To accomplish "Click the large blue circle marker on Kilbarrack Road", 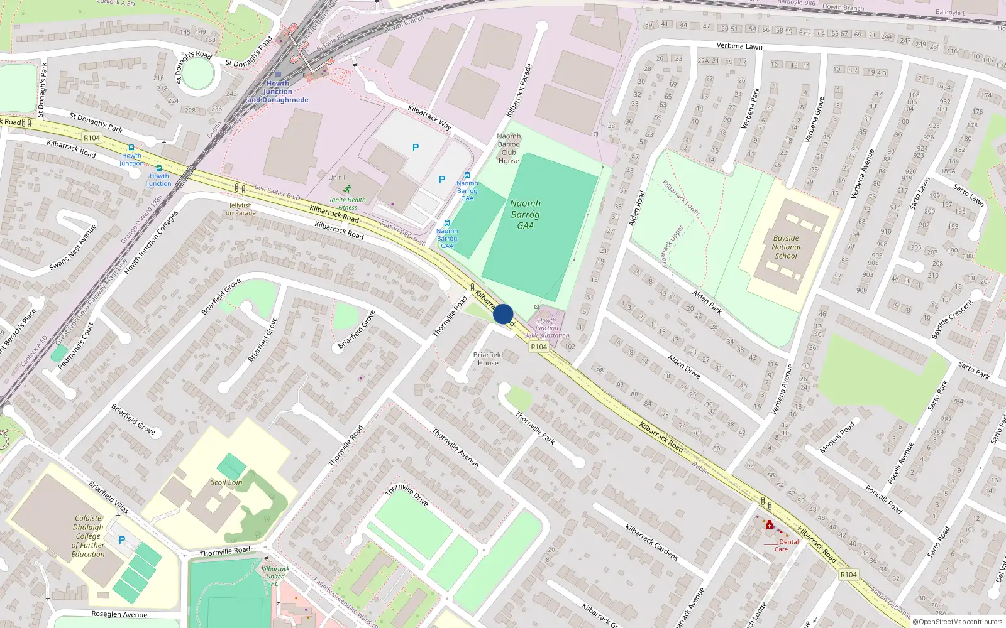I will pos(503,314).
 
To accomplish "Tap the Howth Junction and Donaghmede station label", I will pos(278,92).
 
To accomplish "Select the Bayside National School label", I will pos(786,247).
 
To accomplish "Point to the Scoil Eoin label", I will pos(226,482).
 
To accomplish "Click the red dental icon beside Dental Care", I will pos(769,525).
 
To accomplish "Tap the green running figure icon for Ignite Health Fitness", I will pos(348,189).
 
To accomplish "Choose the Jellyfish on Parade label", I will pos(241,209).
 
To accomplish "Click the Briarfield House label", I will pos(488,359).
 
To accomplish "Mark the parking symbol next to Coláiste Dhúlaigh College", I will pos(122,540).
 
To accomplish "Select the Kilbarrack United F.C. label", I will pos(275,577).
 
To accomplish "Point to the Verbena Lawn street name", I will pos(739,46).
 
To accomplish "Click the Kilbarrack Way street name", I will pos(429,117).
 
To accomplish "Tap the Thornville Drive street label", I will pos(407,494).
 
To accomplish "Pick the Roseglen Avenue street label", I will pos(119,614).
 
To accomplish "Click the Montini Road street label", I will pos(837,437).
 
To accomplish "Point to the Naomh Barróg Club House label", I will pos(509,148).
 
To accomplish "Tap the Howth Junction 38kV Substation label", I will pos(547,328).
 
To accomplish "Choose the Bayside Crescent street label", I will pos(952,320).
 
